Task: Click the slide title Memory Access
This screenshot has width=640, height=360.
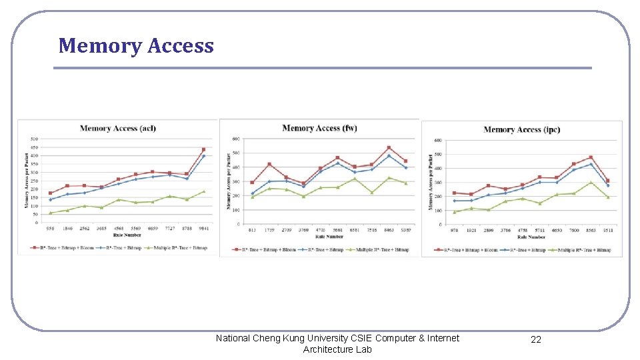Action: tap(136, 46)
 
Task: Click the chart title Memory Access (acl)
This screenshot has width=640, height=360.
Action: tap(118, 128)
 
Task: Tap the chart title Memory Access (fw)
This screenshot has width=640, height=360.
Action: tap(320, 128)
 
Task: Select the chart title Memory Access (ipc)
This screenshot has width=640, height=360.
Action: tap(521, 129)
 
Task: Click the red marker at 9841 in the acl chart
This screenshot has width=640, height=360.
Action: tap(203, 149)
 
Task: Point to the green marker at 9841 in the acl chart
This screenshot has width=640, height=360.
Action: tap(203, 191)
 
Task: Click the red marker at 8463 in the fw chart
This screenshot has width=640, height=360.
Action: tap(389, 148)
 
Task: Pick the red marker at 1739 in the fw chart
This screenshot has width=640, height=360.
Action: tap(269, 164)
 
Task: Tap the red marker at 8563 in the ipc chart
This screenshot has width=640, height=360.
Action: tap(591, 157)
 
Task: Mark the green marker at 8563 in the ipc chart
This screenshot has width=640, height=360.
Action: tap(591, 183)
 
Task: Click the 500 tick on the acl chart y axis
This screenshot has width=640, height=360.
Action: tap(34, 139)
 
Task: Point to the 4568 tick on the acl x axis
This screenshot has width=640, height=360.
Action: tap(119, 229)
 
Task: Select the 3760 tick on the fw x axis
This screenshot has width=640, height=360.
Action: tap(303, 230)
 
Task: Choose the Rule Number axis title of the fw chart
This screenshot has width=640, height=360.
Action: tap(329, 237)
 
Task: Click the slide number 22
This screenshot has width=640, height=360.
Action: tap(536, 340)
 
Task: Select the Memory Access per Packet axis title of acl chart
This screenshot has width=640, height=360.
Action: tap(27, 180)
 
